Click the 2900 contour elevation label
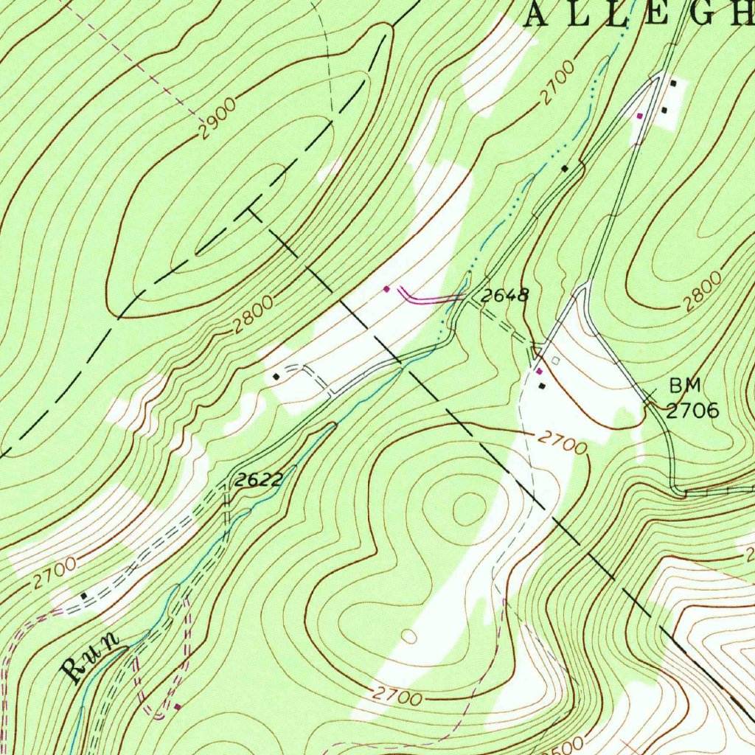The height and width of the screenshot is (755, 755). (217, 118)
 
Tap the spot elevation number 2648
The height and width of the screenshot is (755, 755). (505, 296)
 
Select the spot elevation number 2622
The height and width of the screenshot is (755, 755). (259, 480)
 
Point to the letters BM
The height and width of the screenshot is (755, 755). (686, 385)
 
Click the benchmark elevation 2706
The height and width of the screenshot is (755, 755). (692, 411)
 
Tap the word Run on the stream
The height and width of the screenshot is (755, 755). (92, 657)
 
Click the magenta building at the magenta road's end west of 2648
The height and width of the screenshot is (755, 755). (386, 289)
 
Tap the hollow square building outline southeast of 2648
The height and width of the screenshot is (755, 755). (556, 361)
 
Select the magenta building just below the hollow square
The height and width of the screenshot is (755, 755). (540, 371)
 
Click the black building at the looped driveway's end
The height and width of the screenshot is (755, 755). (276, 376)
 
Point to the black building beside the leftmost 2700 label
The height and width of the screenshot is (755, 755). (84, 595)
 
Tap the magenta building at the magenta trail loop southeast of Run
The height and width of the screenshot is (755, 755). (178, 706)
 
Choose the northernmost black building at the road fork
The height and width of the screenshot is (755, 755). (673, 83)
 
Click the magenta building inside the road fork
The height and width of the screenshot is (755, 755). (639, 116)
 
